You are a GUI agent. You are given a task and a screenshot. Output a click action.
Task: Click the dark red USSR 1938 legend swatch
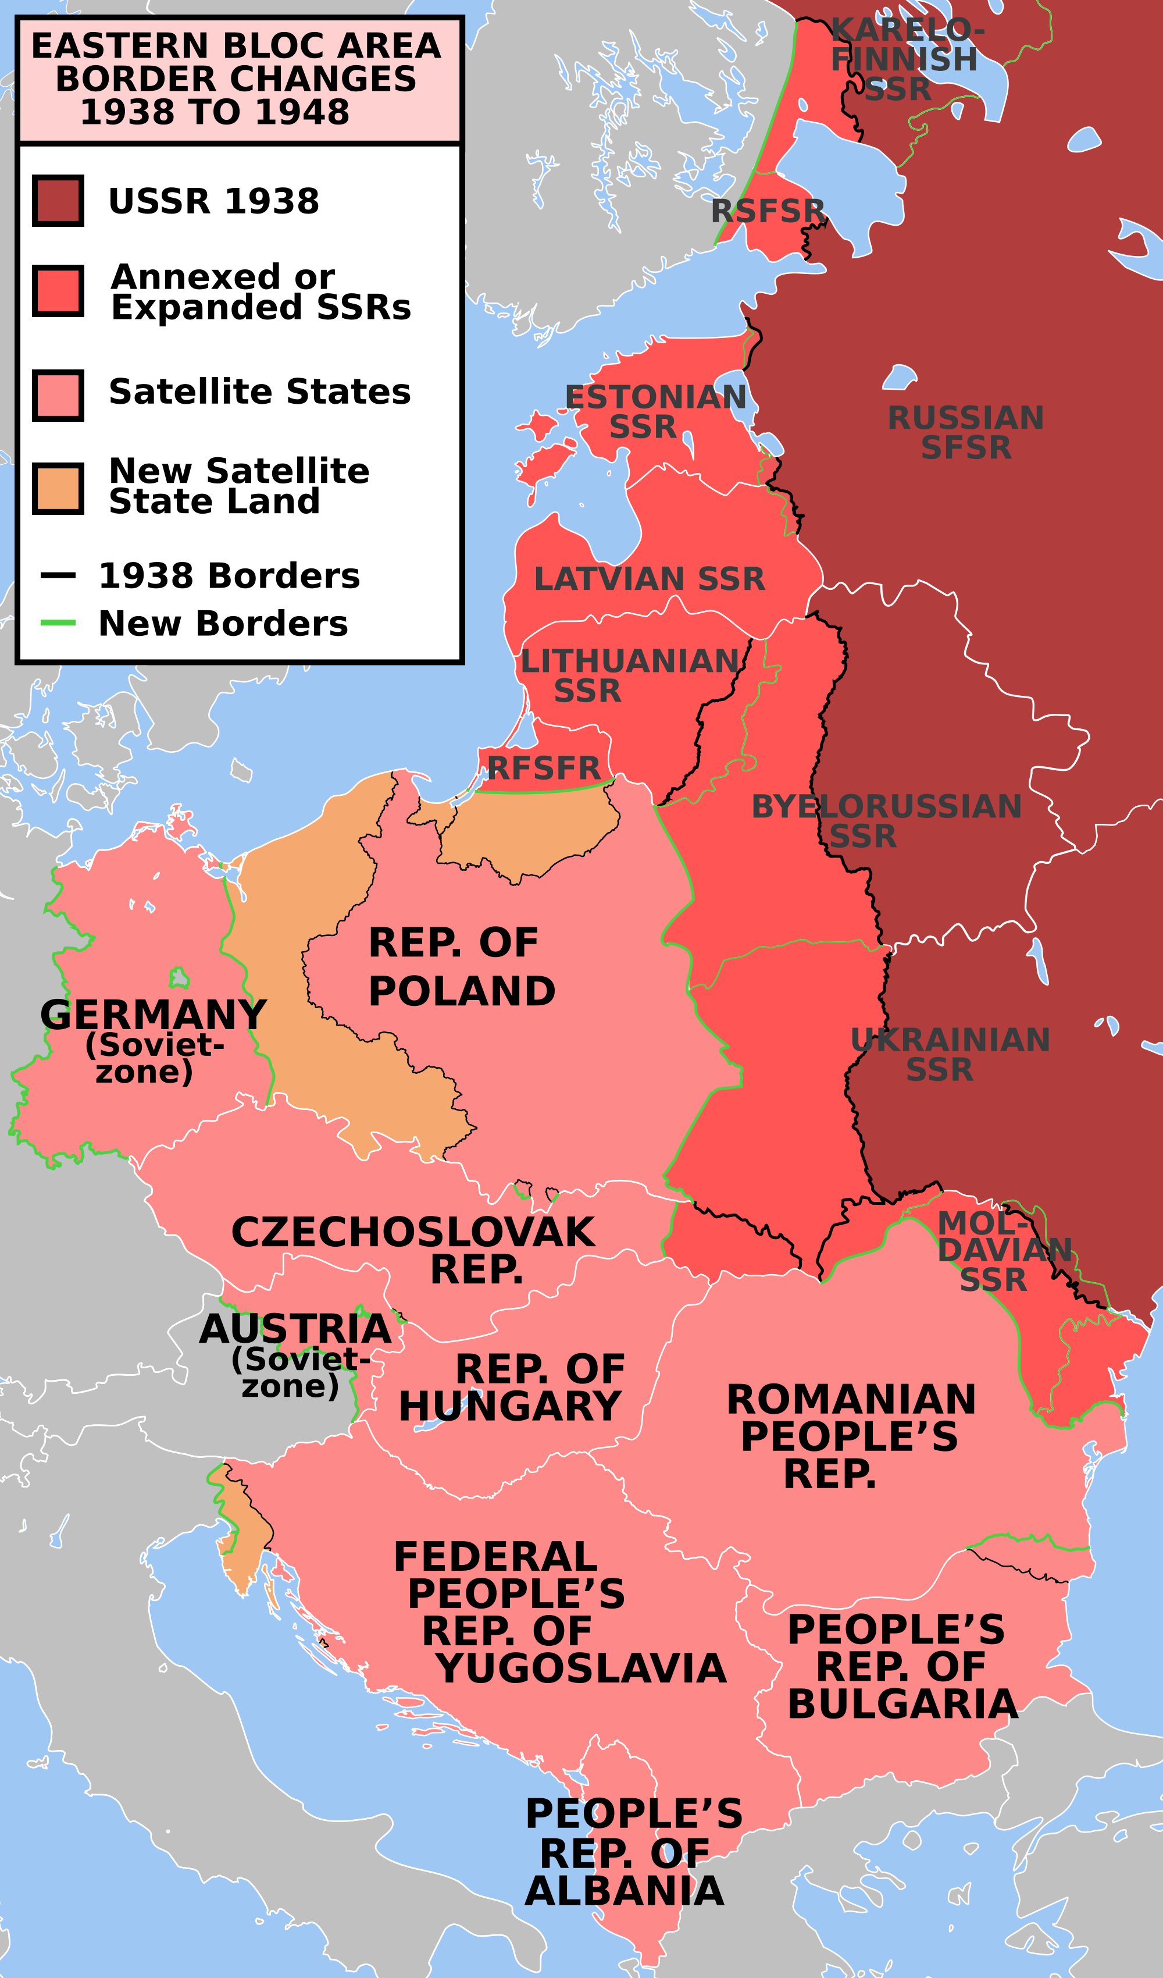pyautogui.click(x=58, y=201)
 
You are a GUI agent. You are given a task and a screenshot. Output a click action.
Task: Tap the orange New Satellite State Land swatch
pyautogui.click(x=58, y=488)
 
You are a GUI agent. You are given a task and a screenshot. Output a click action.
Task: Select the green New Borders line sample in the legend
pyautogui.click(x=58, y=623)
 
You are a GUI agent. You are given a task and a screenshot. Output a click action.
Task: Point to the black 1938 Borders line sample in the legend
pyautogui.click(x=58, y=575)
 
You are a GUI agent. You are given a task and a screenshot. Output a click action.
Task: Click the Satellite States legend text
pyautogui.click(x=259, y=392)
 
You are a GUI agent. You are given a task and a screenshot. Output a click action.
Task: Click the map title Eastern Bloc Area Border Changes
pyautogui.click(x=236, y=79)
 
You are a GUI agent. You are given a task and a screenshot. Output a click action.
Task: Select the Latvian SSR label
pyautogui.click(x=649, y=579)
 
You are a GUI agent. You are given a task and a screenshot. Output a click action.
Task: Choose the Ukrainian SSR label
pyautogui.click(x=950, y=1054)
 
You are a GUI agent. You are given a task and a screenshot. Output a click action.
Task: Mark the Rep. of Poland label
pyautogui.click(x=462, y=966)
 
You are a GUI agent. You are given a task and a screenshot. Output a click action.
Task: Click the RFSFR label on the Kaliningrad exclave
pyautogui.click(x=544, y=768)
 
